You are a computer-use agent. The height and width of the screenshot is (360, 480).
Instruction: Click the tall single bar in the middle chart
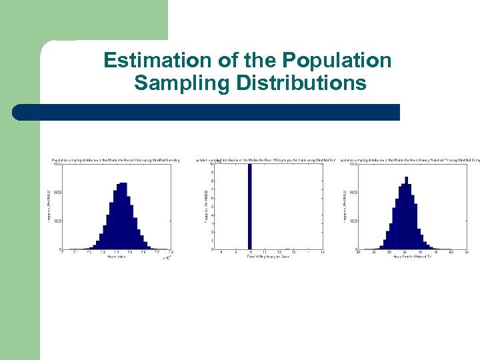click(x=250, y=206)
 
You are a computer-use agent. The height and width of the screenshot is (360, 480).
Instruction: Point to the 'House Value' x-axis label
click(x=115, y=257)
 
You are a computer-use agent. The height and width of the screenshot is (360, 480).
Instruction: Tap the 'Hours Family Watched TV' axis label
click(x=411, y=257)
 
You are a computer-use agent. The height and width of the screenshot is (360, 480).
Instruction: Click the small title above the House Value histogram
click(x=116, y=160)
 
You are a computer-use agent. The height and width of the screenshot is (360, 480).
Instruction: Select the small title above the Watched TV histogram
click(x=410, y=160)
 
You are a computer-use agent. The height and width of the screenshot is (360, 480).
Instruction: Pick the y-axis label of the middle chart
click(x=205, y=206)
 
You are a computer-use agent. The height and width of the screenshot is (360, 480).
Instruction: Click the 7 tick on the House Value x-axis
click(x=61, y=253)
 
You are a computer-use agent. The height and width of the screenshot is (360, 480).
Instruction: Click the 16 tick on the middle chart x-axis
click(x=323, y=253)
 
